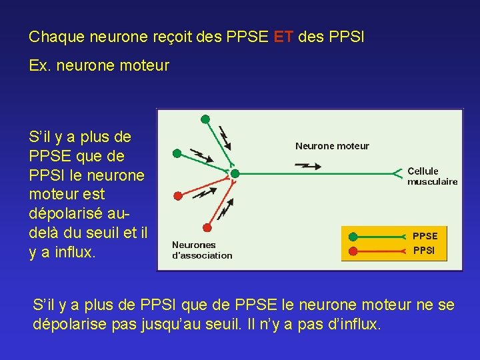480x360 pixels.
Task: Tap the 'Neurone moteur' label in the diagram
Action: [x=332, y=146]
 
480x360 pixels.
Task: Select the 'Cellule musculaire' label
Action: [x=432, y=176]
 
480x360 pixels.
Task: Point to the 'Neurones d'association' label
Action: [x=202, y=250]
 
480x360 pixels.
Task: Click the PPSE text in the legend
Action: [x=425, y=236]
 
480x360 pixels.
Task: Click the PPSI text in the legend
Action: [x=424, y=251]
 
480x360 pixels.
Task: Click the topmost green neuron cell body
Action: [x=205, y=119]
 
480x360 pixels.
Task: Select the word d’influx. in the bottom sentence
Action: [x=350, y=325]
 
